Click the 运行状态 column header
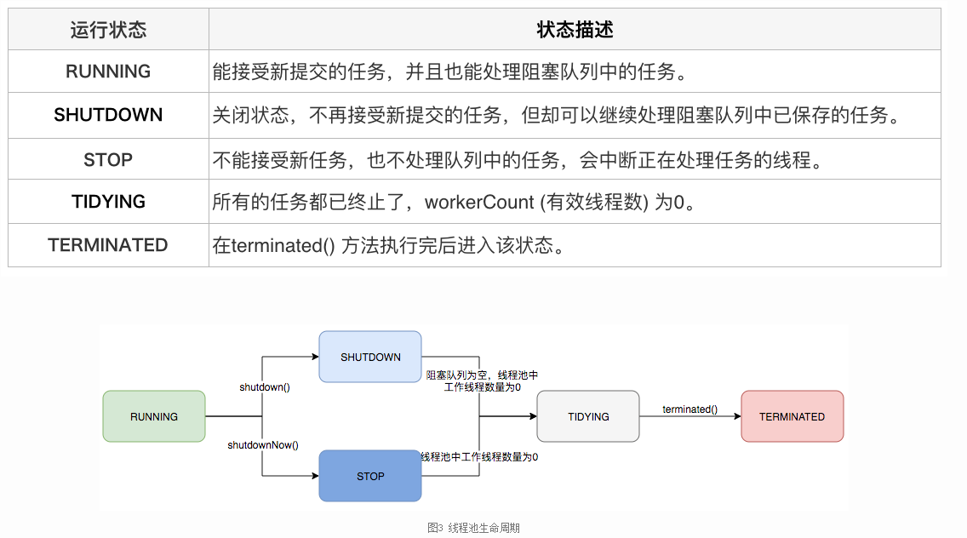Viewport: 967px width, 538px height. coord(108,30)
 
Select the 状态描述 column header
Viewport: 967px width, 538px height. coord(575,30)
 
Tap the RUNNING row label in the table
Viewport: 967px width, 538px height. coord(108,72)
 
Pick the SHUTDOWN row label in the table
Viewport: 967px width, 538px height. coord(108,115)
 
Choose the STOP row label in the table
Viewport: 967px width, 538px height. coord(108,159)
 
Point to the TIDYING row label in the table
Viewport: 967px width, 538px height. coord(108,202)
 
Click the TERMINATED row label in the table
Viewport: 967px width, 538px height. coord(108,245)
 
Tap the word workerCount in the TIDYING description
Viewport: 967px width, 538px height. coord(479,203)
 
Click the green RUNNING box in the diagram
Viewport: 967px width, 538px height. coord(154,416)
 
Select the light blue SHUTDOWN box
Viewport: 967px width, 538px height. coord(370,357)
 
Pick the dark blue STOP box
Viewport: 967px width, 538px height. coord(370,476)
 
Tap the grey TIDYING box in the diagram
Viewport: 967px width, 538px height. coord(588,416)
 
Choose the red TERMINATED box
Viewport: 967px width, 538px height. coord(792,416)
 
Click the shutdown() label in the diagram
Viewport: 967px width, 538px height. coord(265,386)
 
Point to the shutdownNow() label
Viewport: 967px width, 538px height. coord(263,445)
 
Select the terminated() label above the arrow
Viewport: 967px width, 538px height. coord(689,409)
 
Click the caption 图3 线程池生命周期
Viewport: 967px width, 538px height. coord(473,528)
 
